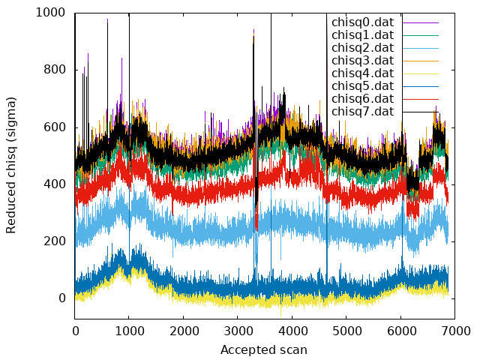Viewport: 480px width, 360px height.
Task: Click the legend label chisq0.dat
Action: (363, 22)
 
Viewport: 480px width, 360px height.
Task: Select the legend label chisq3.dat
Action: (363, 61)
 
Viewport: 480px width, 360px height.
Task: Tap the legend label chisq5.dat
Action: (363, 86)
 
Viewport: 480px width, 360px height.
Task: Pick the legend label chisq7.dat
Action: (363, 112)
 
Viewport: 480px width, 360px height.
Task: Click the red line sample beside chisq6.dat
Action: (421, 100)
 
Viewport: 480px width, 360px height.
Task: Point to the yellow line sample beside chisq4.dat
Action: (421, 73)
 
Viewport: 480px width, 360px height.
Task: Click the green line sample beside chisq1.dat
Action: (421, 35)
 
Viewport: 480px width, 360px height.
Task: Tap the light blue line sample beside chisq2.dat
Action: (421, 48)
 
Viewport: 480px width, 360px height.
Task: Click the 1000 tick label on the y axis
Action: (50, 13)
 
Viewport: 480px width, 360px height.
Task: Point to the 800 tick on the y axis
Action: (55, 70)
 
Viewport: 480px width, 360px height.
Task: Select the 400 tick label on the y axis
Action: (55, 184)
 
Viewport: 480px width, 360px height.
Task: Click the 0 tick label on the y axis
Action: (62, 298)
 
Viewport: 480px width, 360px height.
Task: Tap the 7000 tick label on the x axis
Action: (455, 331)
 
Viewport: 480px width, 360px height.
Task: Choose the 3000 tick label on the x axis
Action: (238, 331)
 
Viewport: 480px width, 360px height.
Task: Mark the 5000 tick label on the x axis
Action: (346, 331)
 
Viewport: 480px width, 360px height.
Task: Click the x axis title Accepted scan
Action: (264, 350)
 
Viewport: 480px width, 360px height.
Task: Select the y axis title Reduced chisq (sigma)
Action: (10, 166)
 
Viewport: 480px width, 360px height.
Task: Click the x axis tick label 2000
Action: (183, 331)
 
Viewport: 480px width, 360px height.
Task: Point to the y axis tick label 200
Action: (55, 241)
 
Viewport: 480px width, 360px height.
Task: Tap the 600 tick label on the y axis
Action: (55, 127)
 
